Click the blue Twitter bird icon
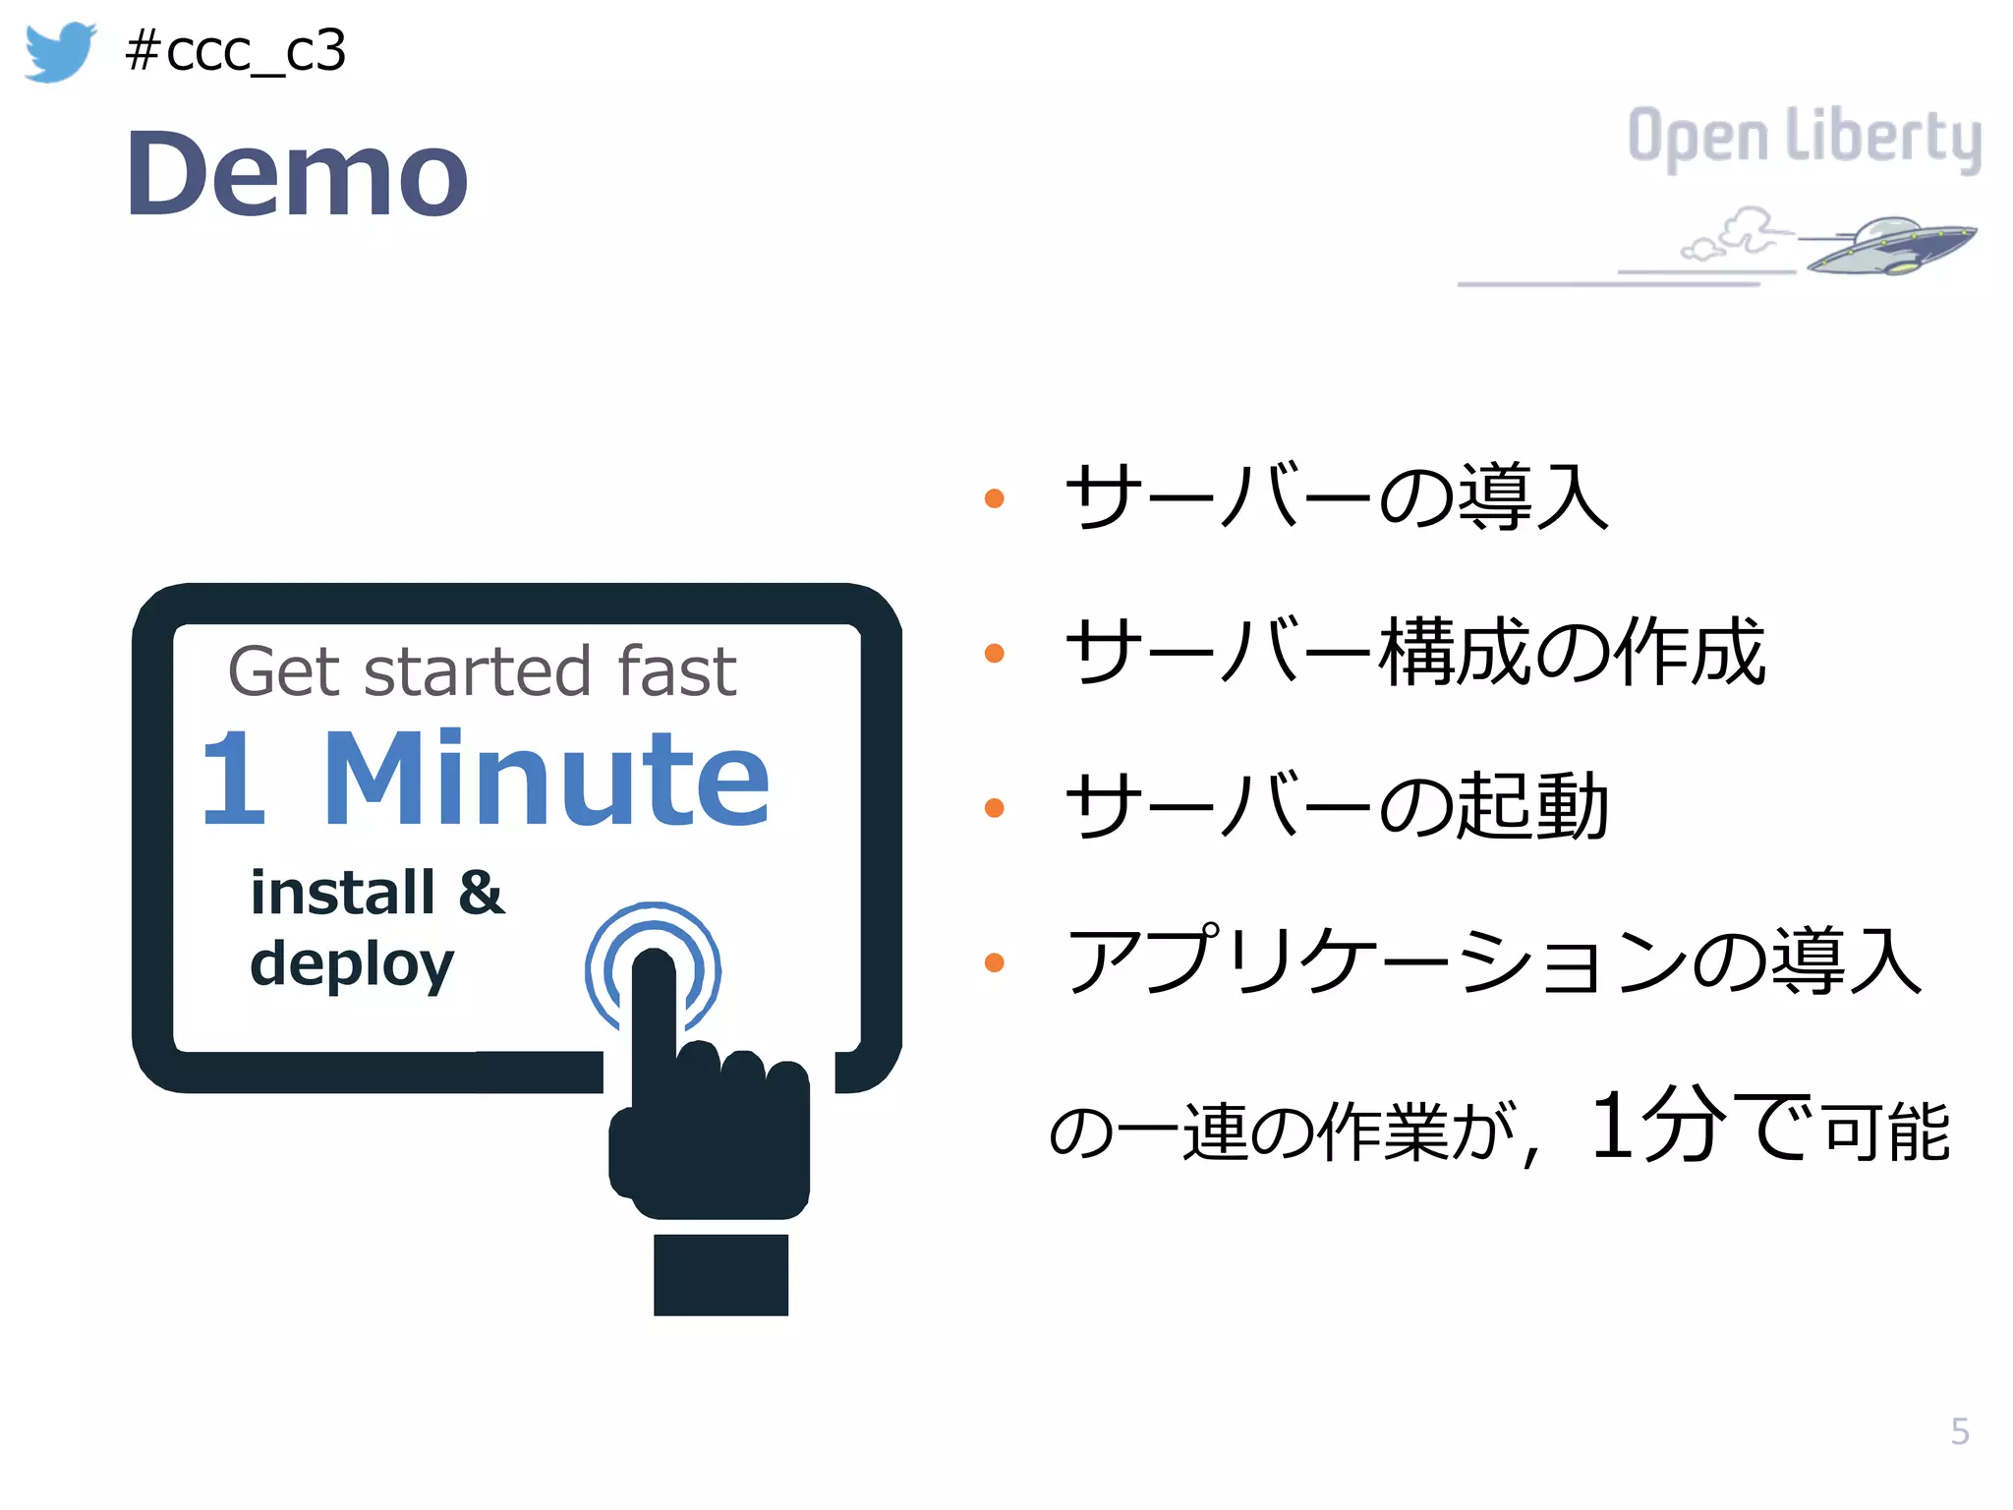(x=59, y=51)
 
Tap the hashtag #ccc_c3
(x=236, y=51)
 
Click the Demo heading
(x=297, y=175)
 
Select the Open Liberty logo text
(x=1805, y=138)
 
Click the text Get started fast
(x=482, y=672)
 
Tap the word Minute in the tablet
(x=546, y=779)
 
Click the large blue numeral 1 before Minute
(x=234, y=779)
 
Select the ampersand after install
(x=481, y=893)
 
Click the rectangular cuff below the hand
(x=720, y=1275)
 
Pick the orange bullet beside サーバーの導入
(x=994, y=498)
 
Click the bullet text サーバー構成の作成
(x=1415, y=652)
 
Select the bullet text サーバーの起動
(x=1337, y=806)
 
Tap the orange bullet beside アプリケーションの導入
(x=994, y=962)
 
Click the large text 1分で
(x=1700, y=1127)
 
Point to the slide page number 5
(x=1960, y=1431)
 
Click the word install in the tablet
(x=342, y=893)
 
